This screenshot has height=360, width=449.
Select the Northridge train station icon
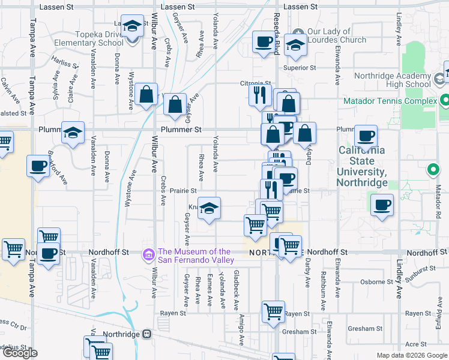(x=146, y=334)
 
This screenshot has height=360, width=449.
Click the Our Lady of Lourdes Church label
(x=336, y=35)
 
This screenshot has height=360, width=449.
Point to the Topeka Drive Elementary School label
(x=89, y=38)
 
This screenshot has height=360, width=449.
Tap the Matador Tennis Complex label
(x=390, y=101)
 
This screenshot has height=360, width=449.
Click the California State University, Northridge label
(x=361, y=161)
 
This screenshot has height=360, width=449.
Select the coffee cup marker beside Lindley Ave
(x=382, y=205)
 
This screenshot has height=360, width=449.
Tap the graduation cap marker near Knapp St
(x=209, y=208)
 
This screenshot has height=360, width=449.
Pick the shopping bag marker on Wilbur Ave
(x=146, y=94)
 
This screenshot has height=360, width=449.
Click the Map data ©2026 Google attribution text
(x=411, y=355)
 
